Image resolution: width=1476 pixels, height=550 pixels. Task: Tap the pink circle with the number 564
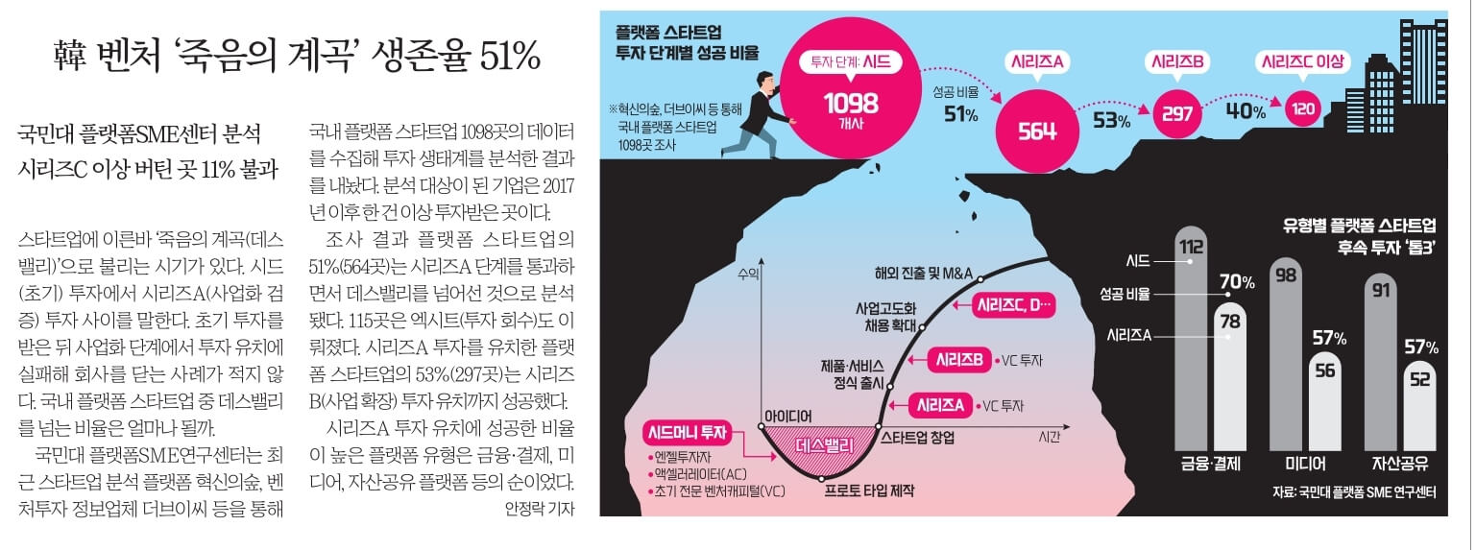[x=1036, y=132]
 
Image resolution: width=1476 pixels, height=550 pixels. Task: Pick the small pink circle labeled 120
[x=1302, y=109]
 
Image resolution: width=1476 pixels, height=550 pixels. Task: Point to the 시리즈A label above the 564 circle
[x=1036, y=62]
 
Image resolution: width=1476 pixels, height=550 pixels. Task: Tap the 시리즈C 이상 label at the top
[x=1303, y=62]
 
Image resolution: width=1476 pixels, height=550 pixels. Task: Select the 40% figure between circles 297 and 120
[x=1247, y=112]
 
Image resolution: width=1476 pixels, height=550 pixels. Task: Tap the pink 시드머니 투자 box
[x=688, y=434]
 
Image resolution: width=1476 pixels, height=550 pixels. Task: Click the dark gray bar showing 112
[x=1190, y=336]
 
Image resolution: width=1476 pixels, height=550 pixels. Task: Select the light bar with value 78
[x=1230, y=374]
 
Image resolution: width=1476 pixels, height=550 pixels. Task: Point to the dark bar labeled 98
[x=1286, y=355]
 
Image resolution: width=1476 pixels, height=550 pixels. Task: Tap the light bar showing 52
[x=1419, y=403]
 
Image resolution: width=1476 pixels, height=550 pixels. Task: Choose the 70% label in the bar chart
[x=1237, y=282]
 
